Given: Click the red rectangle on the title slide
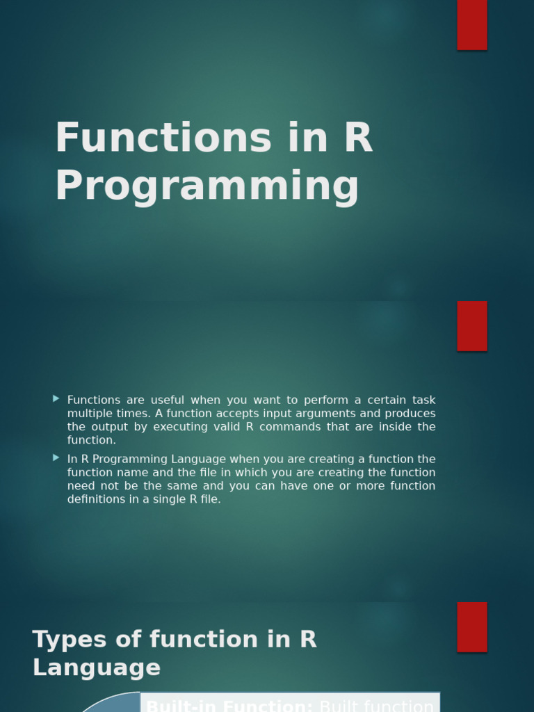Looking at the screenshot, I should point(472,25).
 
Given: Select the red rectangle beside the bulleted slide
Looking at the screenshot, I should point(472,326).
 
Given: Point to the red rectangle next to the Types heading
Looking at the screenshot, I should point(472,626).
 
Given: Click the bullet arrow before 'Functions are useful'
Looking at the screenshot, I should point(56,399).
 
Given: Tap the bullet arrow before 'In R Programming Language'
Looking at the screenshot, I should point(56,458).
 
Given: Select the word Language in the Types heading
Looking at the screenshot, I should point(97,668).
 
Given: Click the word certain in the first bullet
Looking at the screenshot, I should point(364,400).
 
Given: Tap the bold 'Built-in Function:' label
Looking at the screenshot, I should point(229,705).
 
